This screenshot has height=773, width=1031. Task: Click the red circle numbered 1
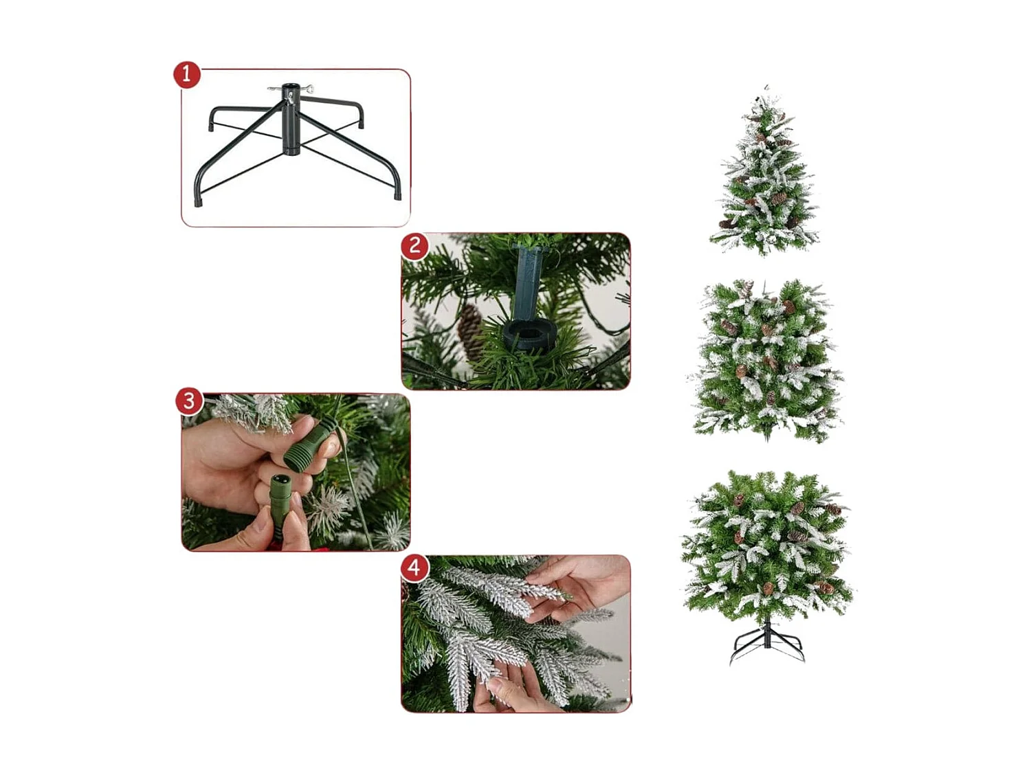pos(186,74)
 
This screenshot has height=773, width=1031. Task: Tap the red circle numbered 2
pos(414,245)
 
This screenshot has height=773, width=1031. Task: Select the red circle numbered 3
pos(189,401)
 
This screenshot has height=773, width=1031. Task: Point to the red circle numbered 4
pos(414,568)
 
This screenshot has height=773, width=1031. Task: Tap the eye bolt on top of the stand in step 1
pos(309,89)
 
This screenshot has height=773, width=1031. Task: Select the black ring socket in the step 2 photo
pos(528,335)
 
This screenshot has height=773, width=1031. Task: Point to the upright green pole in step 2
pos(528,278)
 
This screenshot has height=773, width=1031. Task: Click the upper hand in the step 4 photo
pos(584,584)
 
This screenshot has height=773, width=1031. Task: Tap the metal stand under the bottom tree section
pos(767,642)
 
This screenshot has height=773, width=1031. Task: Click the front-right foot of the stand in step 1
pos(397,196)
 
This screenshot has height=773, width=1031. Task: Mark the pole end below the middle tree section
pos(767,437)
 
